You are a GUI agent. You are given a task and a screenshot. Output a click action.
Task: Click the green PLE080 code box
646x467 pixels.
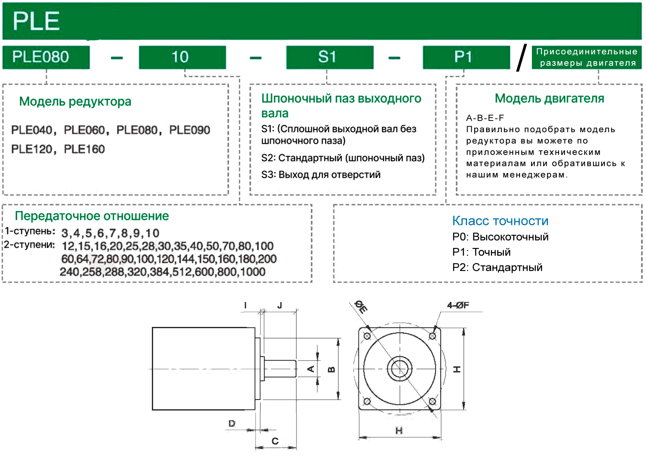[x=46, y=57]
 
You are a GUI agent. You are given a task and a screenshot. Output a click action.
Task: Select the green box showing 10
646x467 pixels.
[x=182, y=57]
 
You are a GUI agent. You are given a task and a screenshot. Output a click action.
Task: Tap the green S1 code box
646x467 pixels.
[x=330, y=57]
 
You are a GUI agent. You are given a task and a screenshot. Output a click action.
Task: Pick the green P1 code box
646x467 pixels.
[x=466, y=57]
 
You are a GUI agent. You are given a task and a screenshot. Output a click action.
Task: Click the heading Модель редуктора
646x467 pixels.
[x=75, y=101]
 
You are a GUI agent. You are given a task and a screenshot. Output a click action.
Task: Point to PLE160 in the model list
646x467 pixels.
[x=84, y=149]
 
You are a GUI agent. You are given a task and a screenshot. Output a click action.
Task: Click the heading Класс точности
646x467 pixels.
[x=500, y=221]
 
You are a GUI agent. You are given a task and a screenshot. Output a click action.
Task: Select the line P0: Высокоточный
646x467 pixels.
[x=500, y=236]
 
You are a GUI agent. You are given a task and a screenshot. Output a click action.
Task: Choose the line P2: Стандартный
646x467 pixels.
[x=497, y=267]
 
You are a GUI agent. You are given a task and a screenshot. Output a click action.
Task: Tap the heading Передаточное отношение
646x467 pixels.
[x=92, y=216]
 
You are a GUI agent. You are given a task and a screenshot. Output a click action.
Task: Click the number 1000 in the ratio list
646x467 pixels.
[x=252, y=272]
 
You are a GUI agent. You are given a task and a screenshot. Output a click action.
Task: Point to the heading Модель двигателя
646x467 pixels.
[x=549, y=99]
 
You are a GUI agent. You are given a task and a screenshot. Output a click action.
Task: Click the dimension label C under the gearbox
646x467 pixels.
[x=275, y=441]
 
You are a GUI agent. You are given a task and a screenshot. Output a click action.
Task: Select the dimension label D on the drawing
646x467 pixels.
[x=232, y=423]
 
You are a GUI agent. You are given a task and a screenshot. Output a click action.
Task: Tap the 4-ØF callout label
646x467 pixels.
[x=458, y=305]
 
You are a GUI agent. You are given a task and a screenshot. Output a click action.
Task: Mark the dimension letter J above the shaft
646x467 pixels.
[x=280, y=305]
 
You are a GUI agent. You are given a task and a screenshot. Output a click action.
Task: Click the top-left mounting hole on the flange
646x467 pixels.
[x=367, y=336]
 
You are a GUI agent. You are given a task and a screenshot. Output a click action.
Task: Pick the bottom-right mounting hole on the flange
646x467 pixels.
[x=432, y=402]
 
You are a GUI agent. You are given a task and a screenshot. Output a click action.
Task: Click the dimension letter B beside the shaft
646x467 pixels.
[x=332, y=369]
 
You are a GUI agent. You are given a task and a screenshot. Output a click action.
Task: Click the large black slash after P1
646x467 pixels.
[x=521, y=58]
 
